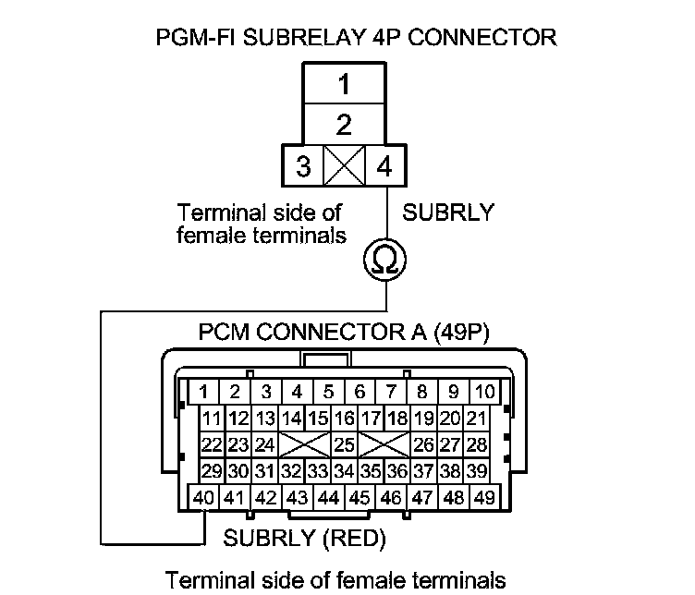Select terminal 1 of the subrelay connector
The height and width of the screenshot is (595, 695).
point(343,85)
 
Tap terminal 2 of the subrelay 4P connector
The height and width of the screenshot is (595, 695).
point(343,124)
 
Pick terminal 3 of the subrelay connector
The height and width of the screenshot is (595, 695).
point(302,167)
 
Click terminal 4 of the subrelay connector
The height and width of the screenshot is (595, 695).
point(384,167)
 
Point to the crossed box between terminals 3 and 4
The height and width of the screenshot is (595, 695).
point(343,167)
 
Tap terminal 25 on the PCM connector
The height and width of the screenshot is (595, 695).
point(344,444)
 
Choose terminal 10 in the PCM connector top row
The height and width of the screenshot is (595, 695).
point(484,391)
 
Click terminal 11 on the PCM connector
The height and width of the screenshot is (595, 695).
point(213,418)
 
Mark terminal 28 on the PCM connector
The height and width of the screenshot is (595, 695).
point(477,444)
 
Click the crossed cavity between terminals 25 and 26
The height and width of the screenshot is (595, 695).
point(384,444)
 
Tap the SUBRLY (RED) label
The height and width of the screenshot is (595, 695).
point(304,537)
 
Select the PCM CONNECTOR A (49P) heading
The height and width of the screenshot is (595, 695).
point(344,332)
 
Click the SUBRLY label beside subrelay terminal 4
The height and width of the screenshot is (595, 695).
point(447,212)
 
